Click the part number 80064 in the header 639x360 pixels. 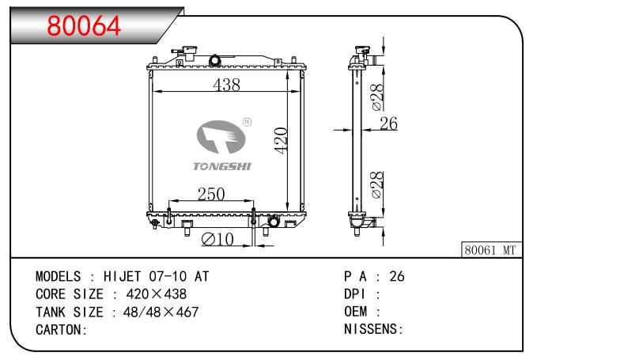(x=85, y=25)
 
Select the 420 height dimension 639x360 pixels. (x=280, y=141)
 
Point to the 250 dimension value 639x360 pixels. (x=211, y=195)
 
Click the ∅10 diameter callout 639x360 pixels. (x=217, y=239)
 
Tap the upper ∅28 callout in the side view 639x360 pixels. (x=377, y=97)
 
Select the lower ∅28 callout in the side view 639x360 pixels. (x=377, y=184)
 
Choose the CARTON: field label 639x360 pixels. (x=61, y=329)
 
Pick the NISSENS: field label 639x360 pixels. (x=374, y=329)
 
